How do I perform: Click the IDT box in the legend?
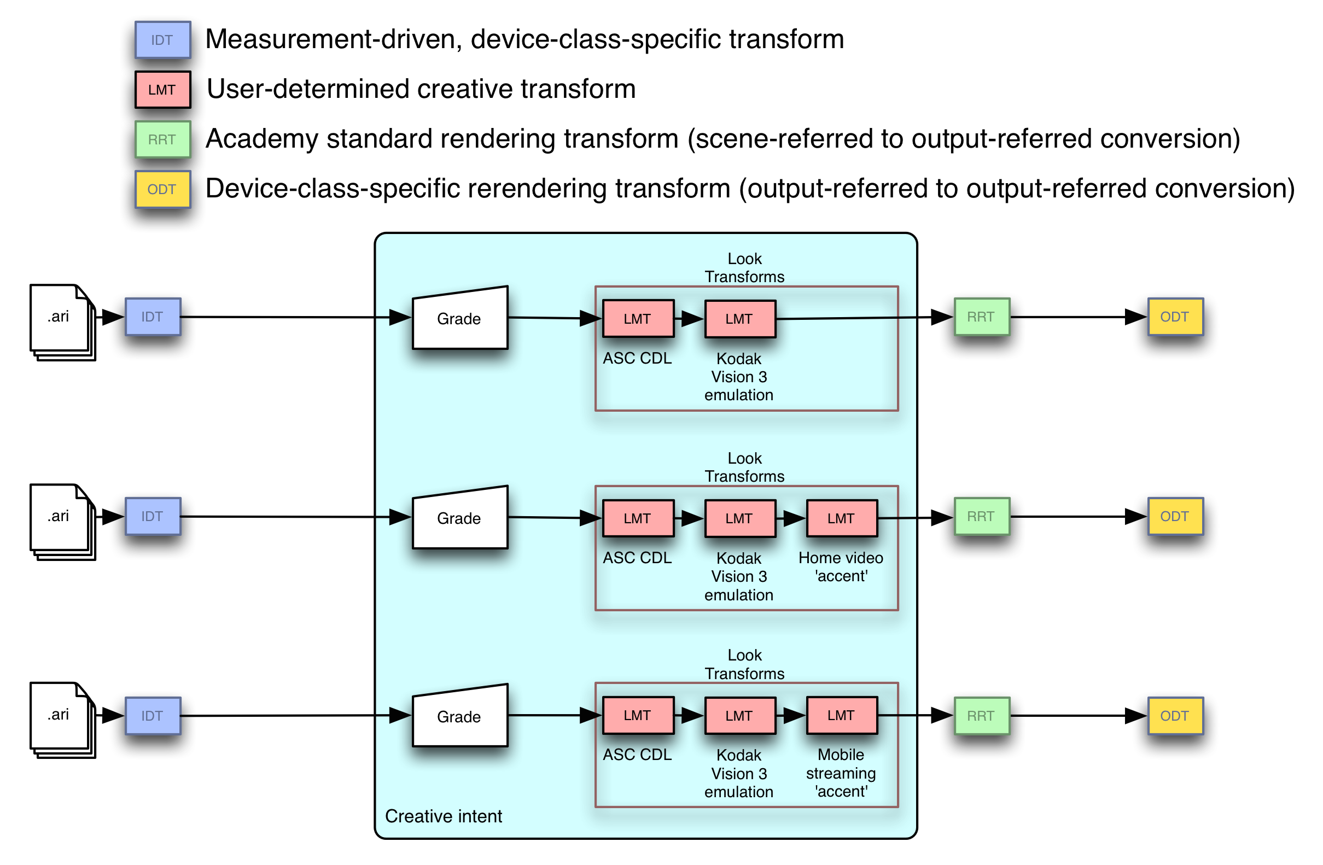click(x=163, y=40)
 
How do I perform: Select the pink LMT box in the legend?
click(x=163, y=90)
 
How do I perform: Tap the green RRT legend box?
click(x=163, y=139)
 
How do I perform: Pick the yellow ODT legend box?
click(x=163, y=190)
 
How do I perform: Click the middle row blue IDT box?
click(x=153, y=517)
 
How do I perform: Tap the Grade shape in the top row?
click(x=460, y=319)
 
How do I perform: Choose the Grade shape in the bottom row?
click(x=460, y=717)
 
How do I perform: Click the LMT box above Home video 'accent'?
click(x=842, y=518)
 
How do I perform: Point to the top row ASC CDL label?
click(x=637, y=359)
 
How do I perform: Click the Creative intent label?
click(x=443, y=816)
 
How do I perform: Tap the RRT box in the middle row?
click(x=982, y=517)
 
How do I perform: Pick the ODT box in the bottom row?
click(x=1175, y=716)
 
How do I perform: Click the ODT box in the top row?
click(x=1175, y=317)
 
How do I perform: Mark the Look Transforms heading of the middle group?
click(x=744, y=467)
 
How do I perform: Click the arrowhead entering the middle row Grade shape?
click(x=400, y=517)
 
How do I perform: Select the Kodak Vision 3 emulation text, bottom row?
click(x=739, y=773)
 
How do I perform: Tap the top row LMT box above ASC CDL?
click(x=638, y=319)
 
